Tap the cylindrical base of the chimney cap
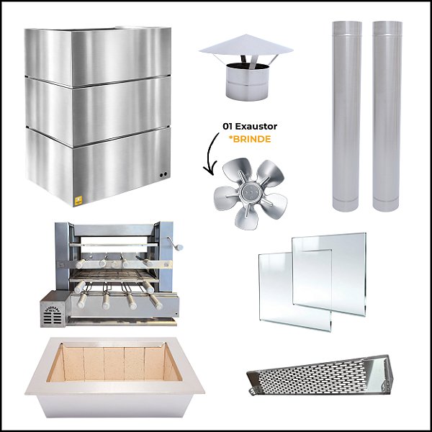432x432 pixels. point(246,81)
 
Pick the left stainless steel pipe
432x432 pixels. point(347,115)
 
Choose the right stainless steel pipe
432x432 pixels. point(387,115)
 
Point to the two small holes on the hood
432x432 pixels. point(164,175)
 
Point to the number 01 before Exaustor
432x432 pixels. point(228,127)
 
